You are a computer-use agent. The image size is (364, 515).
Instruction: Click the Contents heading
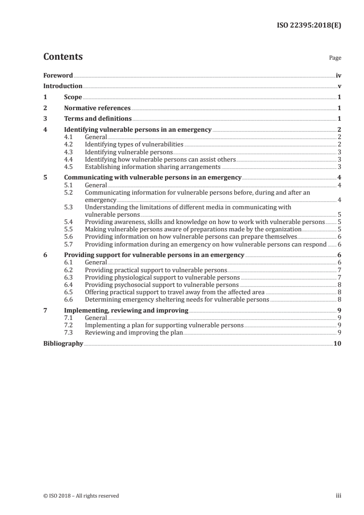(x=63, y=57)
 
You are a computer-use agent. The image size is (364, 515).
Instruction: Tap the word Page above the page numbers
(x=335, y=58)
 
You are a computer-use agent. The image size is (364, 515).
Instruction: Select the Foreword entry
(x=58, y=75)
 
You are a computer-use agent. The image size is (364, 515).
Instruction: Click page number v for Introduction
(x=338, y=86)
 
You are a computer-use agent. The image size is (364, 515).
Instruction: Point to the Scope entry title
(x=73, y=97)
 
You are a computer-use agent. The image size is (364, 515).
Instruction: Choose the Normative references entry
(x=97, y=108)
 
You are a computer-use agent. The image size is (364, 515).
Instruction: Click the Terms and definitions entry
(x=98, y=119)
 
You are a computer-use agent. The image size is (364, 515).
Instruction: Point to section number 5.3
(x=69, y=207)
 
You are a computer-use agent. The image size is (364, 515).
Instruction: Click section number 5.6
(x=69, y=236)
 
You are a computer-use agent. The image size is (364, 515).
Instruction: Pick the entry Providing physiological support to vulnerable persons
(x=162, y=277)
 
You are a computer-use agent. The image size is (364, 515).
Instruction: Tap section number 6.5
(x=69, y=292)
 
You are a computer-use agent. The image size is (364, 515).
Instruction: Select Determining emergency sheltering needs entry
(x=177, y=299)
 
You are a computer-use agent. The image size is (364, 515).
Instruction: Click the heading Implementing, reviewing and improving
(x=126, y=310)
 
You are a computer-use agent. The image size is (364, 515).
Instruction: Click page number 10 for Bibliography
(x=337, y=343)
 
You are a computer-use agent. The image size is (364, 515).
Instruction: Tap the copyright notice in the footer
(x=81, y=496)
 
